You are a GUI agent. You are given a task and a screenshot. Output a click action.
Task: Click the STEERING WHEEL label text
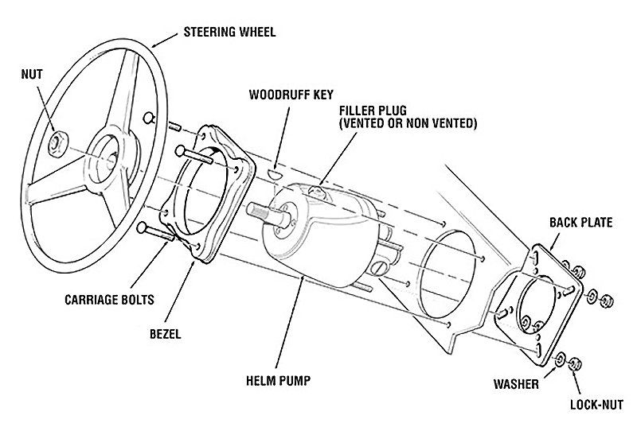coord(229,33)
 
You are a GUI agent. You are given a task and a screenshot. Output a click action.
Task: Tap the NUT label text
coord(33,76)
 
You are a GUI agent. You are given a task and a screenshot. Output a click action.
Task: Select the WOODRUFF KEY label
coord(291,94)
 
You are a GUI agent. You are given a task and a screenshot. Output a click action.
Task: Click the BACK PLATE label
coord(580,223)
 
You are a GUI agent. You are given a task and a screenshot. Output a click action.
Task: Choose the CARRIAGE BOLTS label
coord(110,301)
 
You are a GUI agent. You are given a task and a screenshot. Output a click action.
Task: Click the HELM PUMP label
coord(277,382)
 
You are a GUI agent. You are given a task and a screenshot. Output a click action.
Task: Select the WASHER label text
coord(515,385)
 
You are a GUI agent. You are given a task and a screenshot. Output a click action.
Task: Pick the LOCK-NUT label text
coord(595,405)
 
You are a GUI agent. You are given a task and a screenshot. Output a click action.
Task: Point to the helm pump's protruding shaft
coord(264,212)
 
